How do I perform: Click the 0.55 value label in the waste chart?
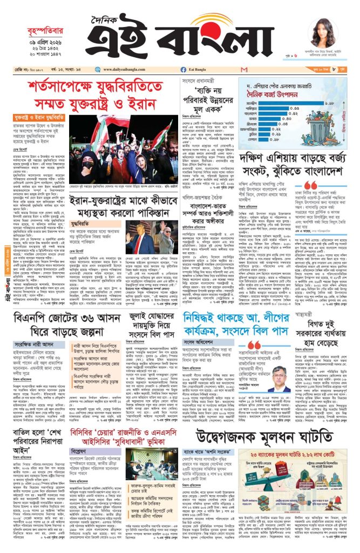coord(294,108)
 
